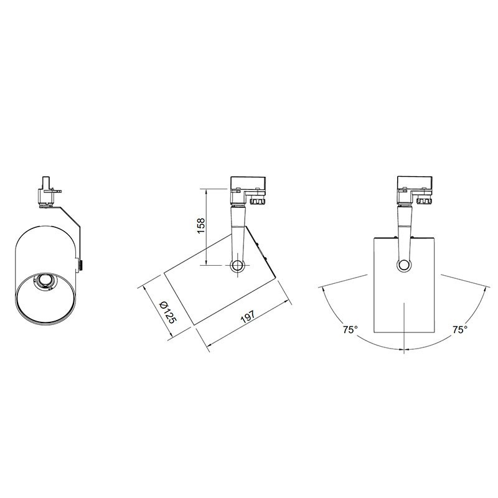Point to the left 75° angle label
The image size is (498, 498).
click(x=350, y=329)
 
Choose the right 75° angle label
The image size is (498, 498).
click(x=459, y=329)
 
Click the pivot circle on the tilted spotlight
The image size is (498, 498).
click(x=237, y=266)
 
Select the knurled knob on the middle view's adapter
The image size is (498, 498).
click(x=256, y=200)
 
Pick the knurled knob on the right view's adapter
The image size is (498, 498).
click(x=423, y=200)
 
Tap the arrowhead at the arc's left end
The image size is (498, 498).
click(x=321, y=287)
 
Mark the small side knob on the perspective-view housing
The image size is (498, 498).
click(x=82, y=265)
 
